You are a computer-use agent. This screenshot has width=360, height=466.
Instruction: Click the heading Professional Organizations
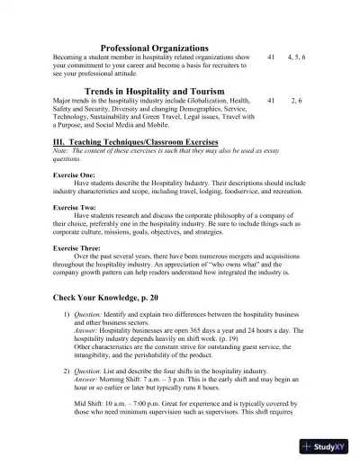(154, 47)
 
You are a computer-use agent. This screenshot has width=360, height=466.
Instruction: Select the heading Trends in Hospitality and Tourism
(154, 91)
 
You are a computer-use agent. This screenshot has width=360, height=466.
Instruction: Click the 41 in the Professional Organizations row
(272, 57)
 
